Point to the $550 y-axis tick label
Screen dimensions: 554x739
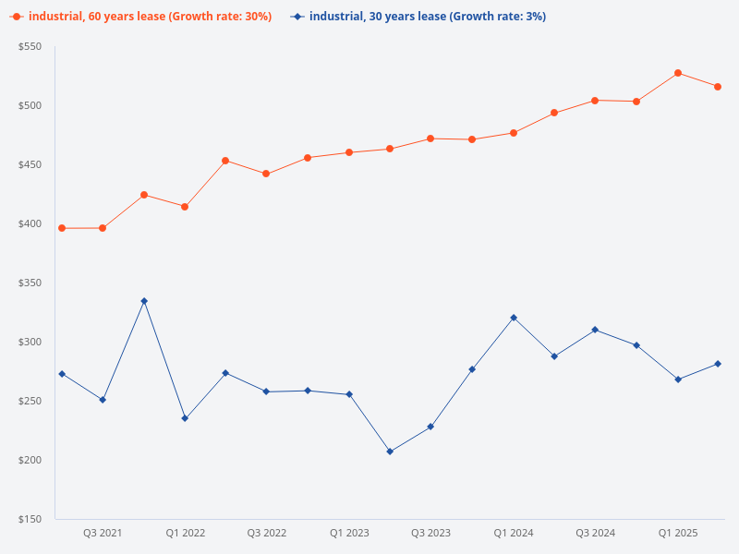tap(30, 46)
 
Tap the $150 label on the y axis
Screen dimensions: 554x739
tap(30, 519)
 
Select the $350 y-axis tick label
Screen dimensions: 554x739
tap(30, 283)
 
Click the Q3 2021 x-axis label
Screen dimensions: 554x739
tap(103, 533)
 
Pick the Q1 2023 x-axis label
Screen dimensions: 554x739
tap(349, 533)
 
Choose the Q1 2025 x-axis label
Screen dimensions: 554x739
tap(677, 533)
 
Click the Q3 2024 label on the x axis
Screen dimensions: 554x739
tap(595, 533)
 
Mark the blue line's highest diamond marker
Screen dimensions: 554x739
tap(144, 301)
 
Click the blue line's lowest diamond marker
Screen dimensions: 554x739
tap(390, 452)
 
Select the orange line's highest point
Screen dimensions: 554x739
tap(678, 73)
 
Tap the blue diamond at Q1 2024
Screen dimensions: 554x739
tap(514, 318)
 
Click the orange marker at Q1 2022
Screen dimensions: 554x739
tap(185, 207)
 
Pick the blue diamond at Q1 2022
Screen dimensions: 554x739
tap(185, 418)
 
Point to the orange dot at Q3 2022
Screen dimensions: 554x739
tap(266, 174)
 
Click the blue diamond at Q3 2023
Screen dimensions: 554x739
tap(430, 427)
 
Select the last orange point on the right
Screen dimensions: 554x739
tap(718, 87)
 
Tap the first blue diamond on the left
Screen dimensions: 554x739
tap(62, 374)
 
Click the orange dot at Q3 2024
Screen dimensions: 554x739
tap(595, 101)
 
